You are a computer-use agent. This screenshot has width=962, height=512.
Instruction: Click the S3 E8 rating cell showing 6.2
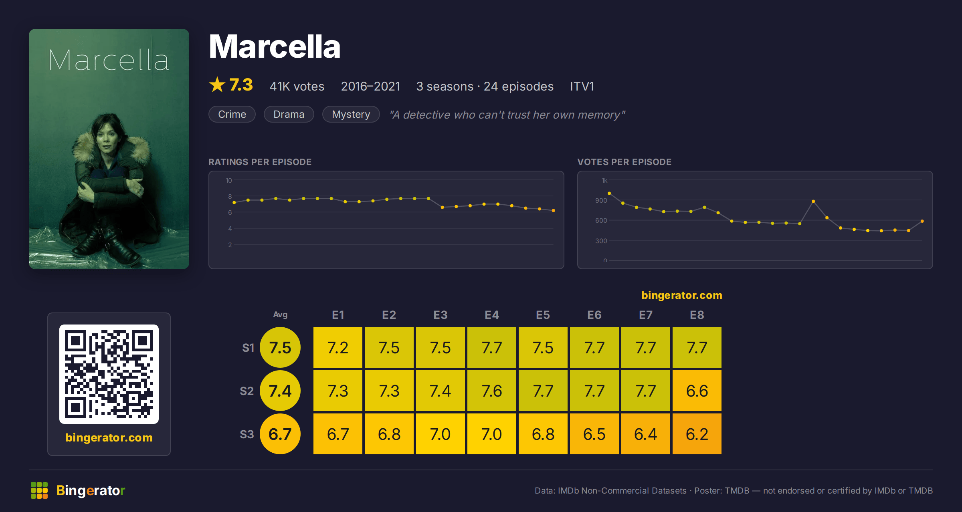pyautogui.click(x=697, y=434)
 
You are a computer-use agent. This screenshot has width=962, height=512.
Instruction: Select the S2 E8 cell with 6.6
pyautogui.click(x=697, y=391)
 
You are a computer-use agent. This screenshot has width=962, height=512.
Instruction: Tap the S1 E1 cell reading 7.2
pyautogui.click(x=338, y=347)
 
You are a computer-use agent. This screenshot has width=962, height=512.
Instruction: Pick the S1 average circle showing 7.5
pyautogui.click(x=280, y=347)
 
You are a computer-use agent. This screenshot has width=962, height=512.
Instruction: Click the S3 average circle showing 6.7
pyautogui.click(x=280, y=434)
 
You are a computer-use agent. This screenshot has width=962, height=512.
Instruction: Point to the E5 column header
pyautogui.click(x=543, y=315)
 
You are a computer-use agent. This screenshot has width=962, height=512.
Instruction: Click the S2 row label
pyautogui.click(x=247, y=391)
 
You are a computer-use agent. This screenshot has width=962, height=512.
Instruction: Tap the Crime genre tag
pyautogui.click(x=232, y=114)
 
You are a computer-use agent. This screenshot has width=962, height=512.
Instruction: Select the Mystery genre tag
pyautogui.click(x=351, y=114)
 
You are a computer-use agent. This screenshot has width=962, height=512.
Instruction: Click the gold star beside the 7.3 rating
pyautogui.click(x=217, y=85)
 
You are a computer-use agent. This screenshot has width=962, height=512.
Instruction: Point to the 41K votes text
pyautogui.click(x=297, y=86)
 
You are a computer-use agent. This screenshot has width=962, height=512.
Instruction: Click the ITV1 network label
pyautogui.click(x=582, y=86)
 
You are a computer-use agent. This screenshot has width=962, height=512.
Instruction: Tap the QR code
pyautogui.click(x=109, y=374)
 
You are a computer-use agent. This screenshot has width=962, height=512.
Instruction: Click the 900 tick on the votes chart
pyautogui.click(x=601, y=200)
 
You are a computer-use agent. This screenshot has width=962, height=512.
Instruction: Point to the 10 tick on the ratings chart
pyautogui.click(x=229, y=180)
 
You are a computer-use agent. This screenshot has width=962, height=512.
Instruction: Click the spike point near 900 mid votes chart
pyautogui.click(x=813, y=201)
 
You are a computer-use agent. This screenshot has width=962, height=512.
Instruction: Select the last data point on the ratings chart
pyautogui.click(x=554, y=210)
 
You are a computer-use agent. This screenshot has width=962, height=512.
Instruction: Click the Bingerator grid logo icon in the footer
pyautogui.click(x=39, y=490)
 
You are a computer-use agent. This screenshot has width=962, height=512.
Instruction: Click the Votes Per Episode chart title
pyautogui.click(x=624, y=162)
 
